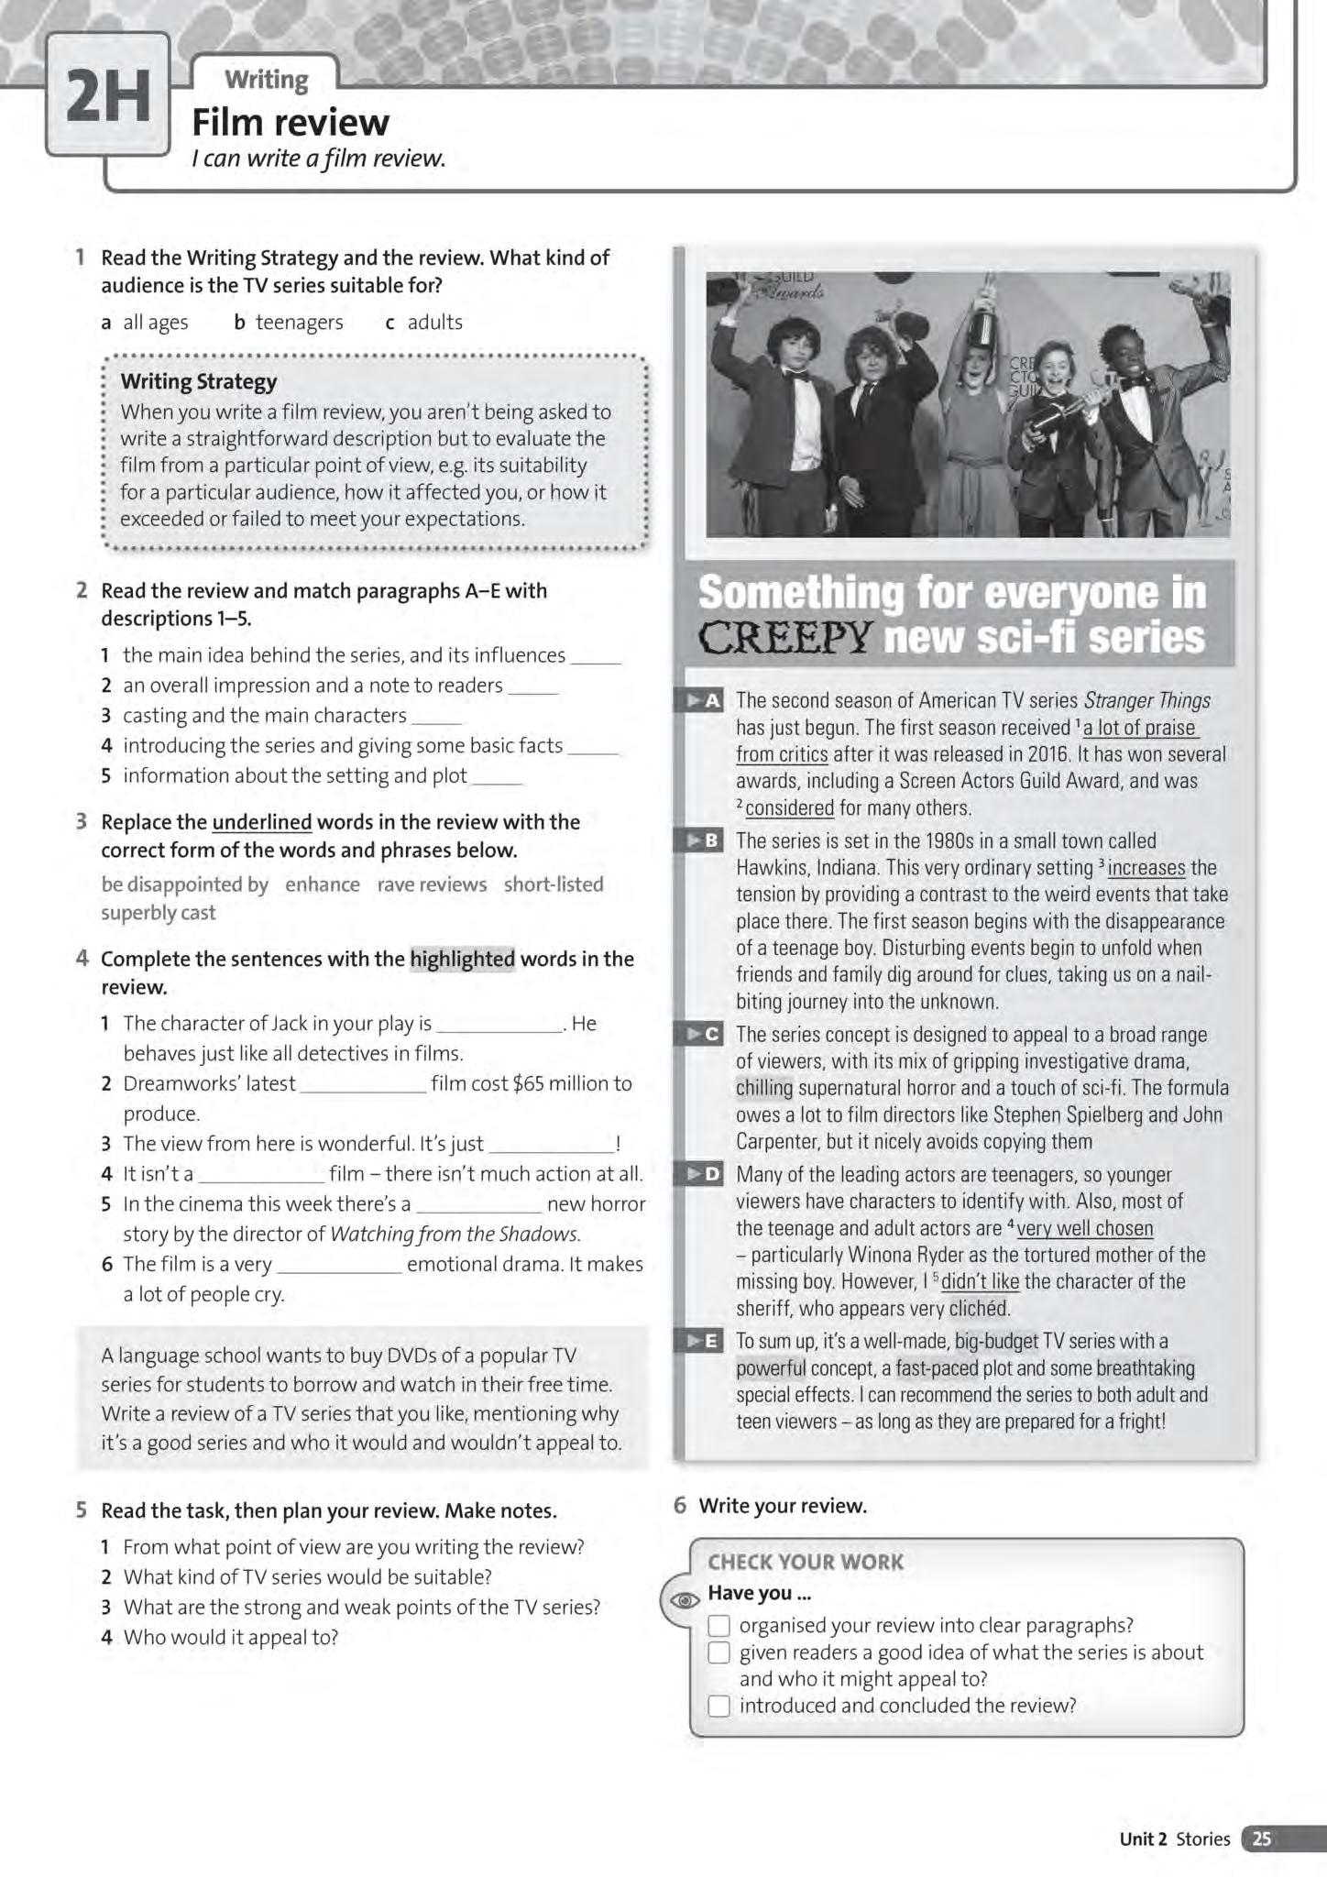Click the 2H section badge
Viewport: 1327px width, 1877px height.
(108, 95)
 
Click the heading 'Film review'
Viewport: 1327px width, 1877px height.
(290, 122)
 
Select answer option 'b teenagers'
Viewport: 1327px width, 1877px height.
(289, 322)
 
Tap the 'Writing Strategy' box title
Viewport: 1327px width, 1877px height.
(198, 381)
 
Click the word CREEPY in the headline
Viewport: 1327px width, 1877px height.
(784, 638)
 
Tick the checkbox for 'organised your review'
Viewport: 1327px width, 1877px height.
(719, 1626)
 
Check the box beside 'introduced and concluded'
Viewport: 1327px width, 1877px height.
(719, 1707)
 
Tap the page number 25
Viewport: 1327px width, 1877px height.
(1262, 1839)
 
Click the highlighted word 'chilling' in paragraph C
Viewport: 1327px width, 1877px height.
(764, 1088)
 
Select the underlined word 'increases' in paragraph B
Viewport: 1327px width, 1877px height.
(1146, 867)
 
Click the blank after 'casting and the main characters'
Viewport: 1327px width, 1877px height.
(437, 718)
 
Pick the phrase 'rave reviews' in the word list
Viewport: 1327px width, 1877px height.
(432, 884)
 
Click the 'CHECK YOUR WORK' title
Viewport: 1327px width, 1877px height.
(805, 1562)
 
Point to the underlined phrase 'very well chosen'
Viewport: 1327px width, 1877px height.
(1085, 1228)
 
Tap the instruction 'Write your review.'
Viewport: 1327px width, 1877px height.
(782, 1506)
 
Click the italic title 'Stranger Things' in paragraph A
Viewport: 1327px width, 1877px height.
(1146, 701)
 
